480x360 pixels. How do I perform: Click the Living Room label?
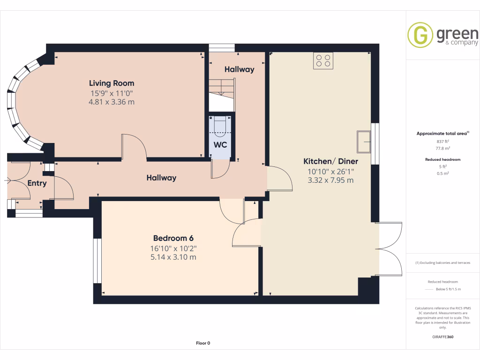(112, 83)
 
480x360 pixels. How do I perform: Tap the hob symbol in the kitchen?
(323, 60)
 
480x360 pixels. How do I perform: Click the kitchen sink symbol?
(363, 142)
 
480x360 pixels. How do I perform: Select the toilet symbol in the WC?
(220, 126)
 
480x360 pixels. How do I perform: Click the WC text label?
(220, 145)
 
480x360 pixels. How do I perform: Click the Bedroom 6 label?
(173, 238)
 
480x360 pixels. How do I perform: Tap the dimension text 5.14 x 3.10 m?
(173, 257)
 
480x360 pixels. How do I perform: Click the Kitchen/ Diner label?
(330, 161)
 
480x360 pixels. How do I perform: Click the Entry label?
(37, 183)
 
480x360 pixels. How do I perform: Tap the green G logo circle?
(420, 35)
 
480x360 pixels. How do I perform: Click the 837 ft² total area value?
(442, 141)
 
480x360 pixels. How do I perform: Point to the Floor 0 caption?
(203, 343)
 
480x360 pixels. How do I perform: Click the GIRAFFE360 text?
(442, 337)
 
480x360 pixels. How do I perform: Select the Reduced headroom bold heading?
(442, 159)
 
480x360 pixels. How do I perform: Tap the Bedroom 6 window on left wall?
(97, 261)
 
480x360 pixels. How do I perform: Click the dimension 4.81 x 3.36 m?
(112, 102)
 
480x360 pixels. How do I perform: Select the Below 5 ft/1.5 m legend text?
(448, 289)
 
